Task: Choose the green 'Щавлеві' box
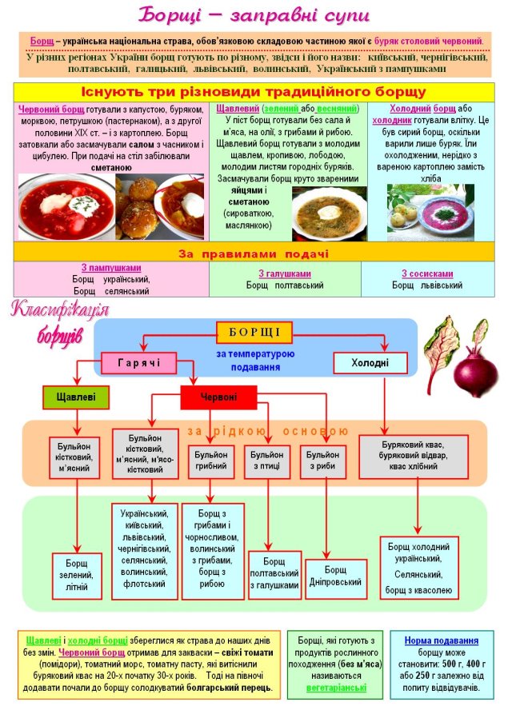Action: point(75,397)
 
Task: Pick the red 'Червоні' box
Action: point(218,397)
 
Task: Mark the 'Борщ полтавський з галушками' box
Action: point(274,575)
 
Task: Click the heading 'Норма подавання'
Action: point(441,640)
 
